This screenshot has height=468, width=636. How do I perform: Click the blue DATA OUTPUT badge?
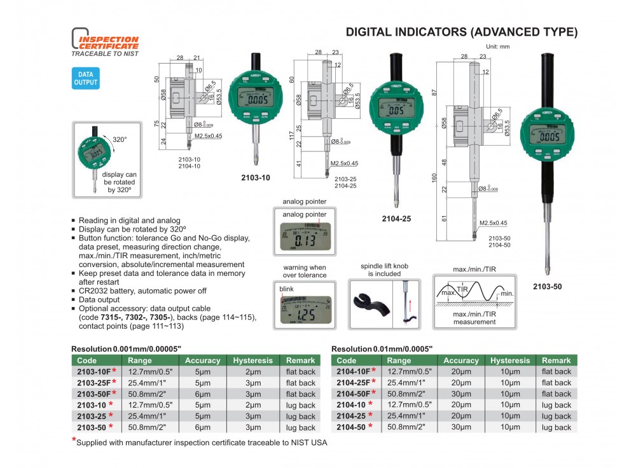tap(85, 79)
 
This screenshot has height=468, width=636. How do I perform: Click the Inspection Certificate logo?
tap(104, 43)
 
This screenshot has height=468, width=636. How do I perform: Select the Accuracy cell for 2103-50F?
tap(202, 394)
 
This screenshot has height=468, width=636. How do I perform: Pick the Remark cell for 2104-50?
tap(556, 427)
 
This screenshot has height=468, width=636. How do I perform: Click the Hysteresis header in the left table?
tap(252, 360)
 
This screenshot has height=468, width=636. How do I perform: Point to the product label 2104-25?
tap(396, 219)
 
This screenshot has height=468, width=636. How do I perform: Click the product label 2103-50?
tap(548, 286)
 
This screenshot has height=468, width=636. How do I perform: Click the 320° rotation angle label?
tap(120, 139)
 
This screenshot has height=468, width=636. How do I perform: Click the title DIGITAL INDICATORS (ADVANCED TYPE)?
tap(461, 32)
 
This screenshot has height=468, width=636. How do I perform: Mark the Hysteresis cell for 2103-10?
tap(252, 405)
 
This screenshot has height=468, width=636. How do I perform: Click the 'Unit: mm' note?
tap(497, 47)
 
